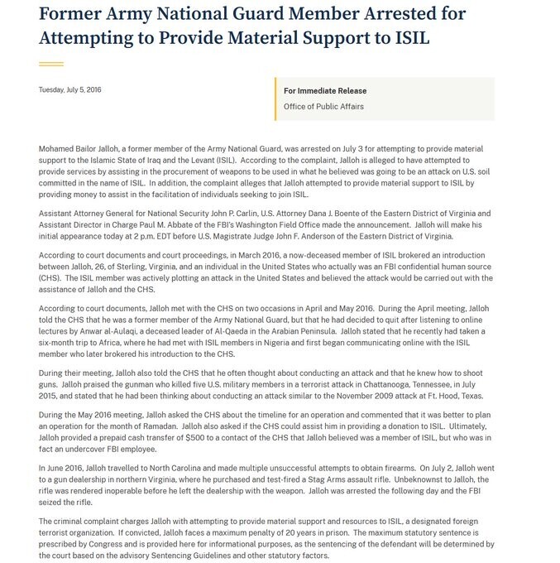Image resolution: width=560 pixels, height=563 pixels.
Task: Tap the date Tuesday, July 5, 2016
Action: point(69,89)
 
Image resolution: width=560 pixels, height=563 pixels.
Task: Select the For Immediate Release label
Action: point(325,91)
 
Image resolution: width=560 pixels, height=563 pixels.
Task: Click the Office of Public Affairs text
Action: point(323,107)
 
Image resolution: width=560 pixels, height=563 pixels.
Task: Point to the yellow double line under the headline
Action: point(51,63)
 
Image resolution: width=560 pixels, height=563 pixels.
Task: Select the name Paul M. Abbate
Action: point(155,224)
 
